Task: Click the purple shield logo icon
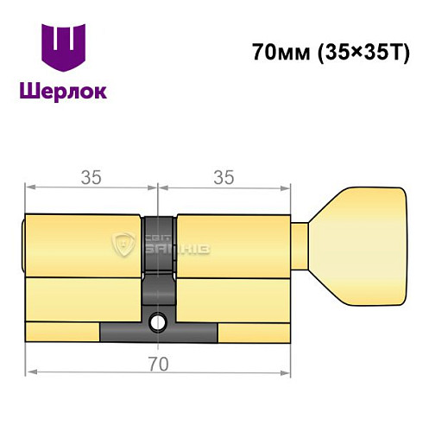coord(63,48)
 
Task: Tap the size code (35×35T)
coord(353,51)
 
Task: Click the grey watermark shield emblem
coord(125,245)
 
